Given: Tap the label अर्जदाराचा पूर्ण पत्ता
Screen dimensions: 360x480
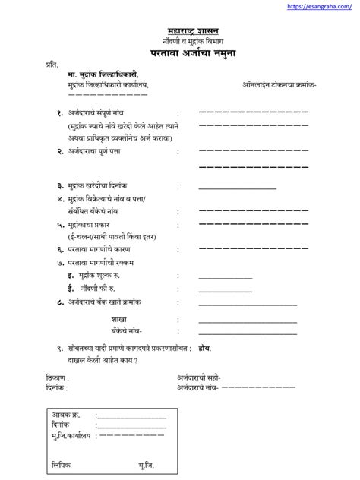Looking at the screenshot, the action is point(102,151).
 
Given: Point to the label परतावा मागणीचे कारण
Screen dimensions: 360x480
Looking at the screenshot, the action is point(103,249).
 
